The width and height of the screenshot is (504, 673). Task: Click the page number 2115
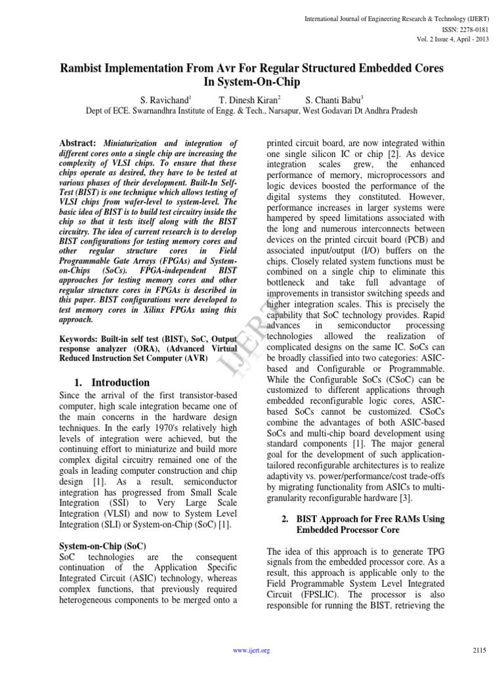click(x=479, y=651)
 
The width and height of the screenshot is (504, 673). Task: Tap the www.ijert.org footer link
click(x=252, y=651)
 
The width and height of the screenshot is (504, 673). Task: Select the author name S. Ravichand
click(x=164, y=100)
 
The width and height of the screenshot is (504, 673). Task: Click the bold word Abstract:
click(x=78, y=143)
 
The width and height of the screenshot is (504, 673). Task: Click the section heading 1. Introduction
click(x=112, y=383)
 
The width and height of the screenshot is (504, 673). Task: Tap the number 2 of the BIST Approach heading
click(x=285, y=519)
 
